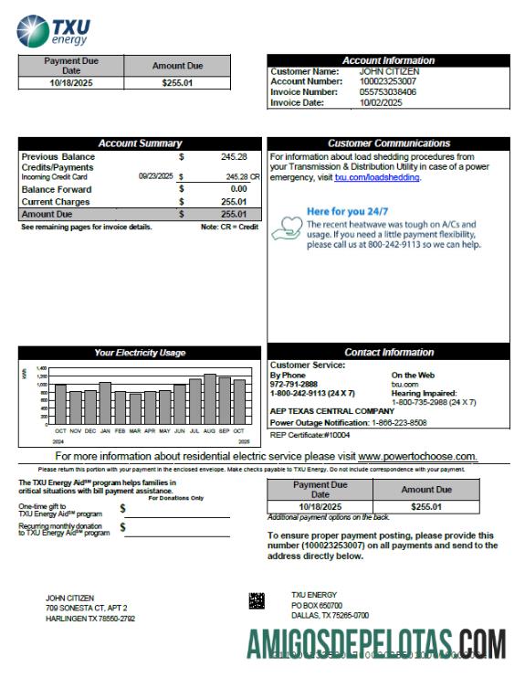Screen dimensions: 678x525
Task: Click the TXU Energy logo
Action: pos(49,29)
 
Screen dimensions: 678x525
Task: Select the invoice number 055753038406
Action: pos(388,92)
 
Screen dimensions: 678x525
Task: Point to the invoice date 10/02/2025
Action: pos(381,103)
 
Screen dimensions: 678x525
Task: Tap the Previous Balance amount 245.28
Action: pos(235,157)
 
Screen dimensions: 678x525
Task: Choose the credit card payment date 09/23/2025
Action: pos(156,175)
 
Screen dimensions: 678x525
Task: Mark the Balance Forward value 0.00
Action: pos(239,189)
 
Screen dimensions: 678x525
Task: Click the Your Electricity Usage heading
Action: pos(140,353)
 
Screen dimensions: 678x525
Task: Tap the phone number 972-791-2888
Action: pos(294,384)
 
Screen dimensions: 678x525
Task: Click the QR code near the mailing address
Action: pos(257,600)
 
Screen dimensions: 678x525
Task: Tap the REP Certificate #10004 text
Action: pos(303,435)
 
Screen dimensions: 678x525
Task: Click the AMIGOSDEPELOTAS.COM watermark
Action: pos(383,645)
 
